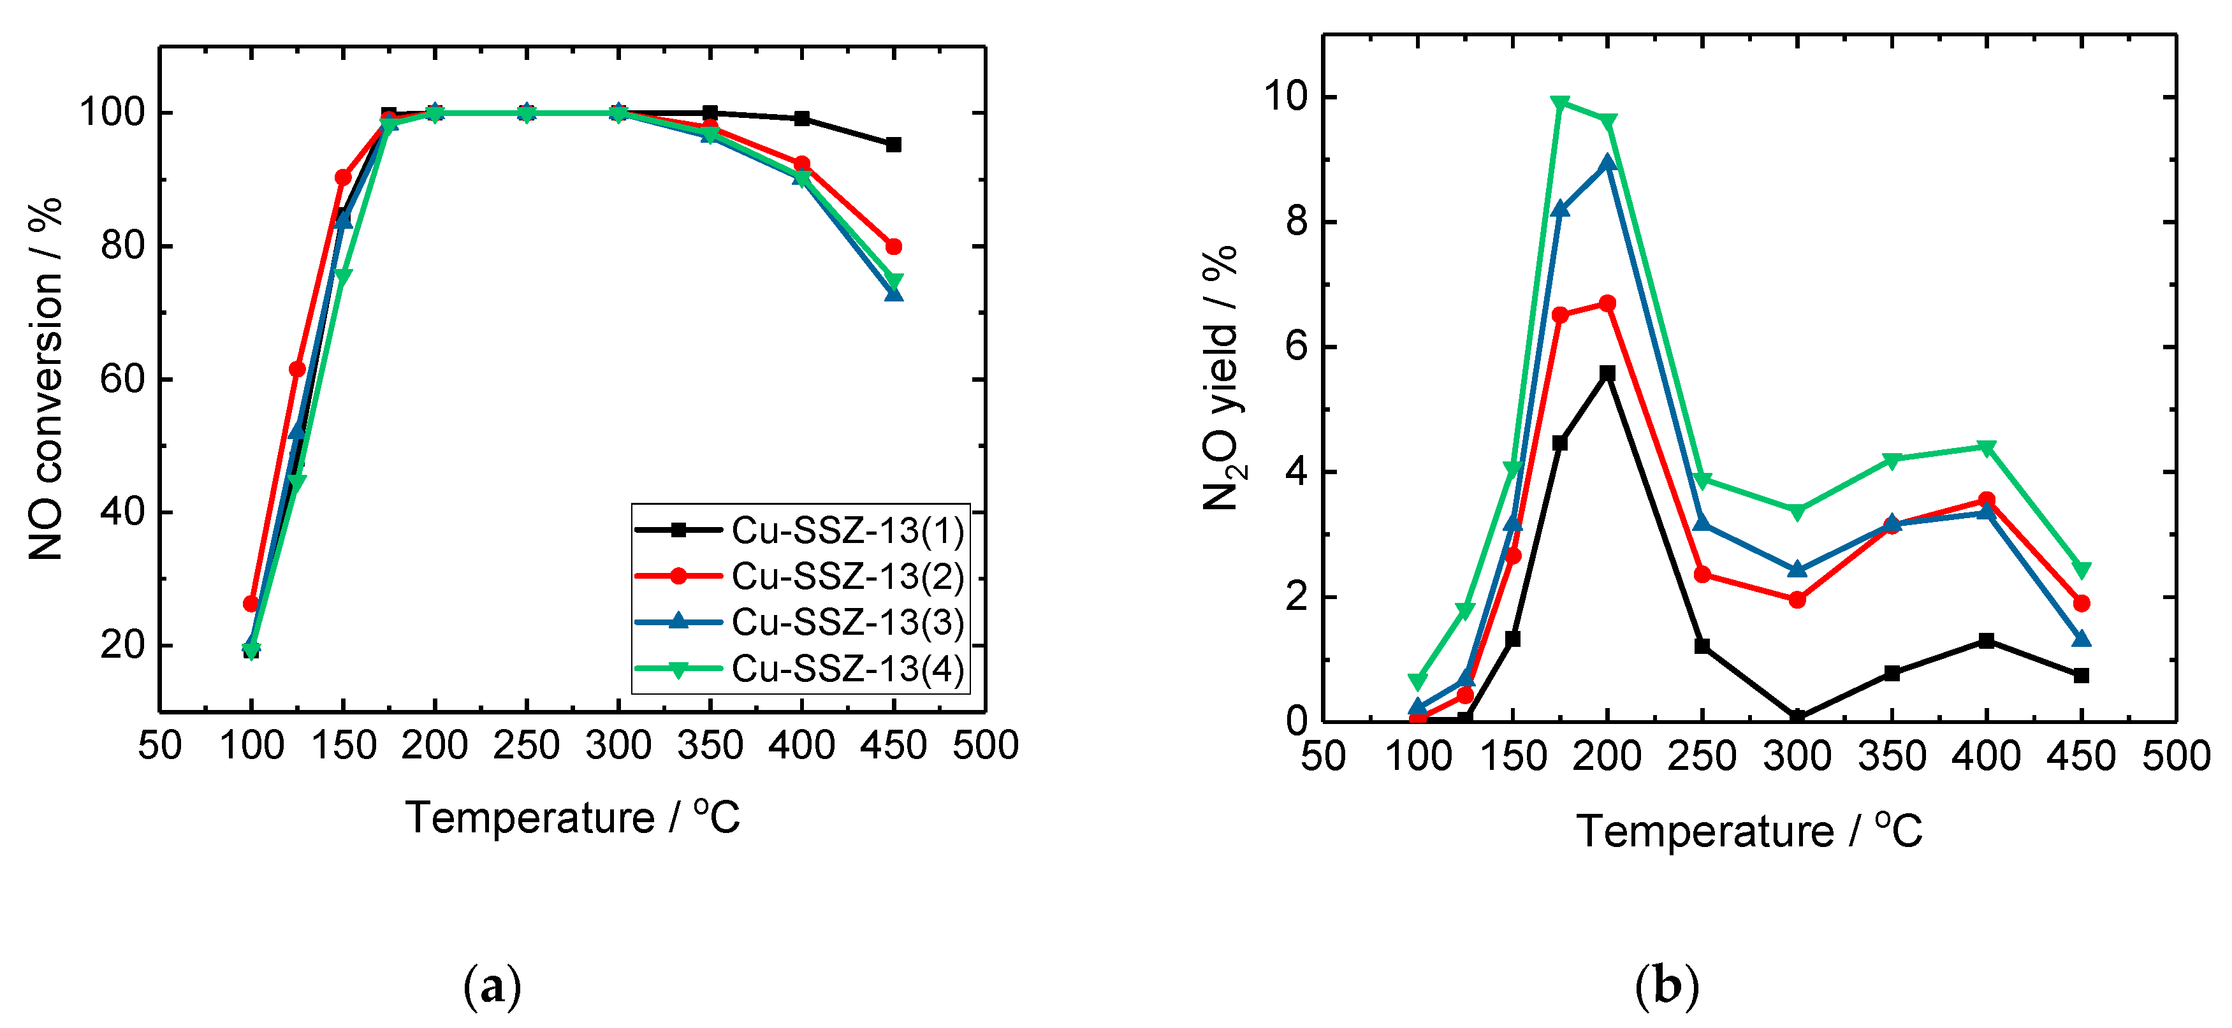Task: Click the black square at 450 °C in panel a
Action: (893, 145)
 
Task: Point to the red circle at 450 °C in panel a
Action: (893, 247)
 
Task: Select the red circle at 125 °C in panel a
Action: (296, 369)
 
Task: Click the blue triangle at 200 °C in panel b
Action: (1608, 163)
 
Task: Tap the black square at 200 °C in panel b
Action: (1608, 373)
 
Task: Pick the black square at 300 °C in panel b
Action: (1798, 718)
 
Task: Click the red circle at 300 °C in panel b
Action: (1798, 599)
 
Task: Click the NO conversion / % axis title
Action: (45, 379)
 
